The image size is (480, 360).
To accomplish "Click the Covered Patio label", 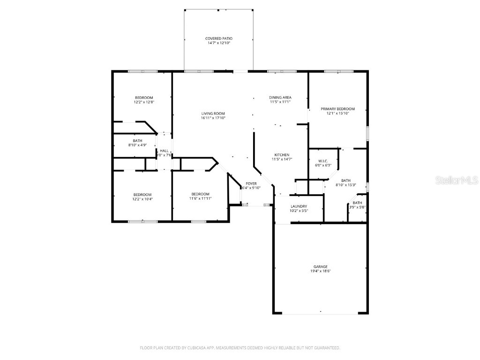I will [219, 38].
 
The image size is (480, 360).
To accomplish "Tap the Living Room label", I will [213, 113].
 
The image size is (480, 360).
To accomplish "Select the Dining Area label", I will [280, 97].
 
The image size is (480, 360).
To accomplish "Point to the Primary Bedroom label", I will [337, 109].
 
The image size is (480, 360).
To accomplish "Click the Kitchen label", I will [282, 155].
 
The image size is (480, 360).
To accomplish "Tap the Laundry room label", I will [299, 206].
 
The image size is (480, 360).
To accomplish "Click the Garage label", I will [321, 267].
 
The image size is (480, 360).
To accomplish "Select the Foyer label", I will [252, 183].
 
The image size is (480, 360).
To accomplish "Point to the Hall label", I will [164, 150].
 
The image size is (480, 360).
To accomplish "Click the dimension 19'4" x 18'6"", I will [321, 271].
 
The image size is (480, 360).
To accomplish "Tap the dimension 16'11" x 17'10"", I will [213, 118].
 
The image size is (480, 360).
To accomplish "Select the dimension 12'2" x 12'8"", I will [144, 102].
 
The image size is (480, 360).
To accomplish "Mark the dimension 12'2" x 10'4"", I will [142, 199].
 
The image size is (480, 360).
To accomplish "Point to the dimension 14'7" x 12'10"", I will [219, 43].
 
